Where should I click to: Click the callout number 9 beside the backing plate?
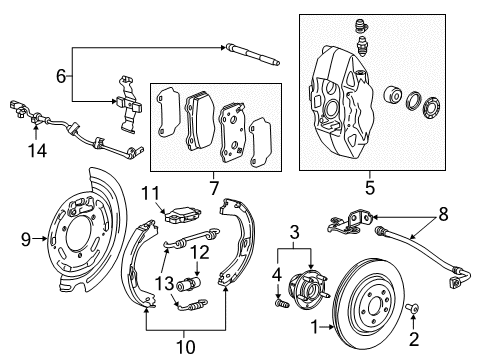pyautogui.click(x=26, y=238)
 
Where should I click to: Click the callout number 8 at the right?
pyautogui.click(x=443, y=213)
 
